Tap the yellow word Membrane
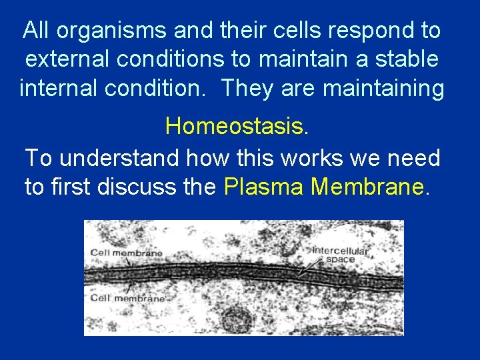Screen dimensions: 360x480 point(367,187)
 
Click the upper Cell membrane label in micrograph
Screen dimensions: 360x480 point(126,253)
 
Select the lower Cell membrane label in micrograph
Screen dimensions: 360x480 point(127,298)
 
